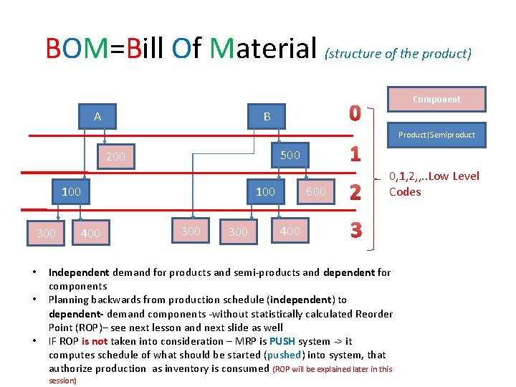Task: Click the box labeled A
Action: click(x=97, y=116)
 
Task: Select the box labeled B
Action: click(x=267, y=116)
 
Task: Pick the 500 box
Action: click(x=290, y=155)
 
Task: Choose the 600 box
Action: click(x=316, y=191)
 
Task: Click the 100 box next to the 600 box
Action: click(x=265, y=191)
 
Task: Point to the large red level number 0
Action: click(x=355, y=113)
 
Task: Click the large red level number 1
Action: click(x=355, y=154)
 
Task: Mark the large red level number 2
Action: click(x=354, y=192)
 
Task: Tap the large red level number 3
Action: click(x=355, y=230)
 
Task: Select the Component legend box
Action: click(x=436, y=99)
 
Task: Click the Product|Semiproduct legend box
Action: click(x=436, y=135)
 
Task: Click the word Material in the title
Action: click(x=264, y=49)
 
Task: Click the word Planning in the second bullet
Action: click(x=68, y=300)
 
